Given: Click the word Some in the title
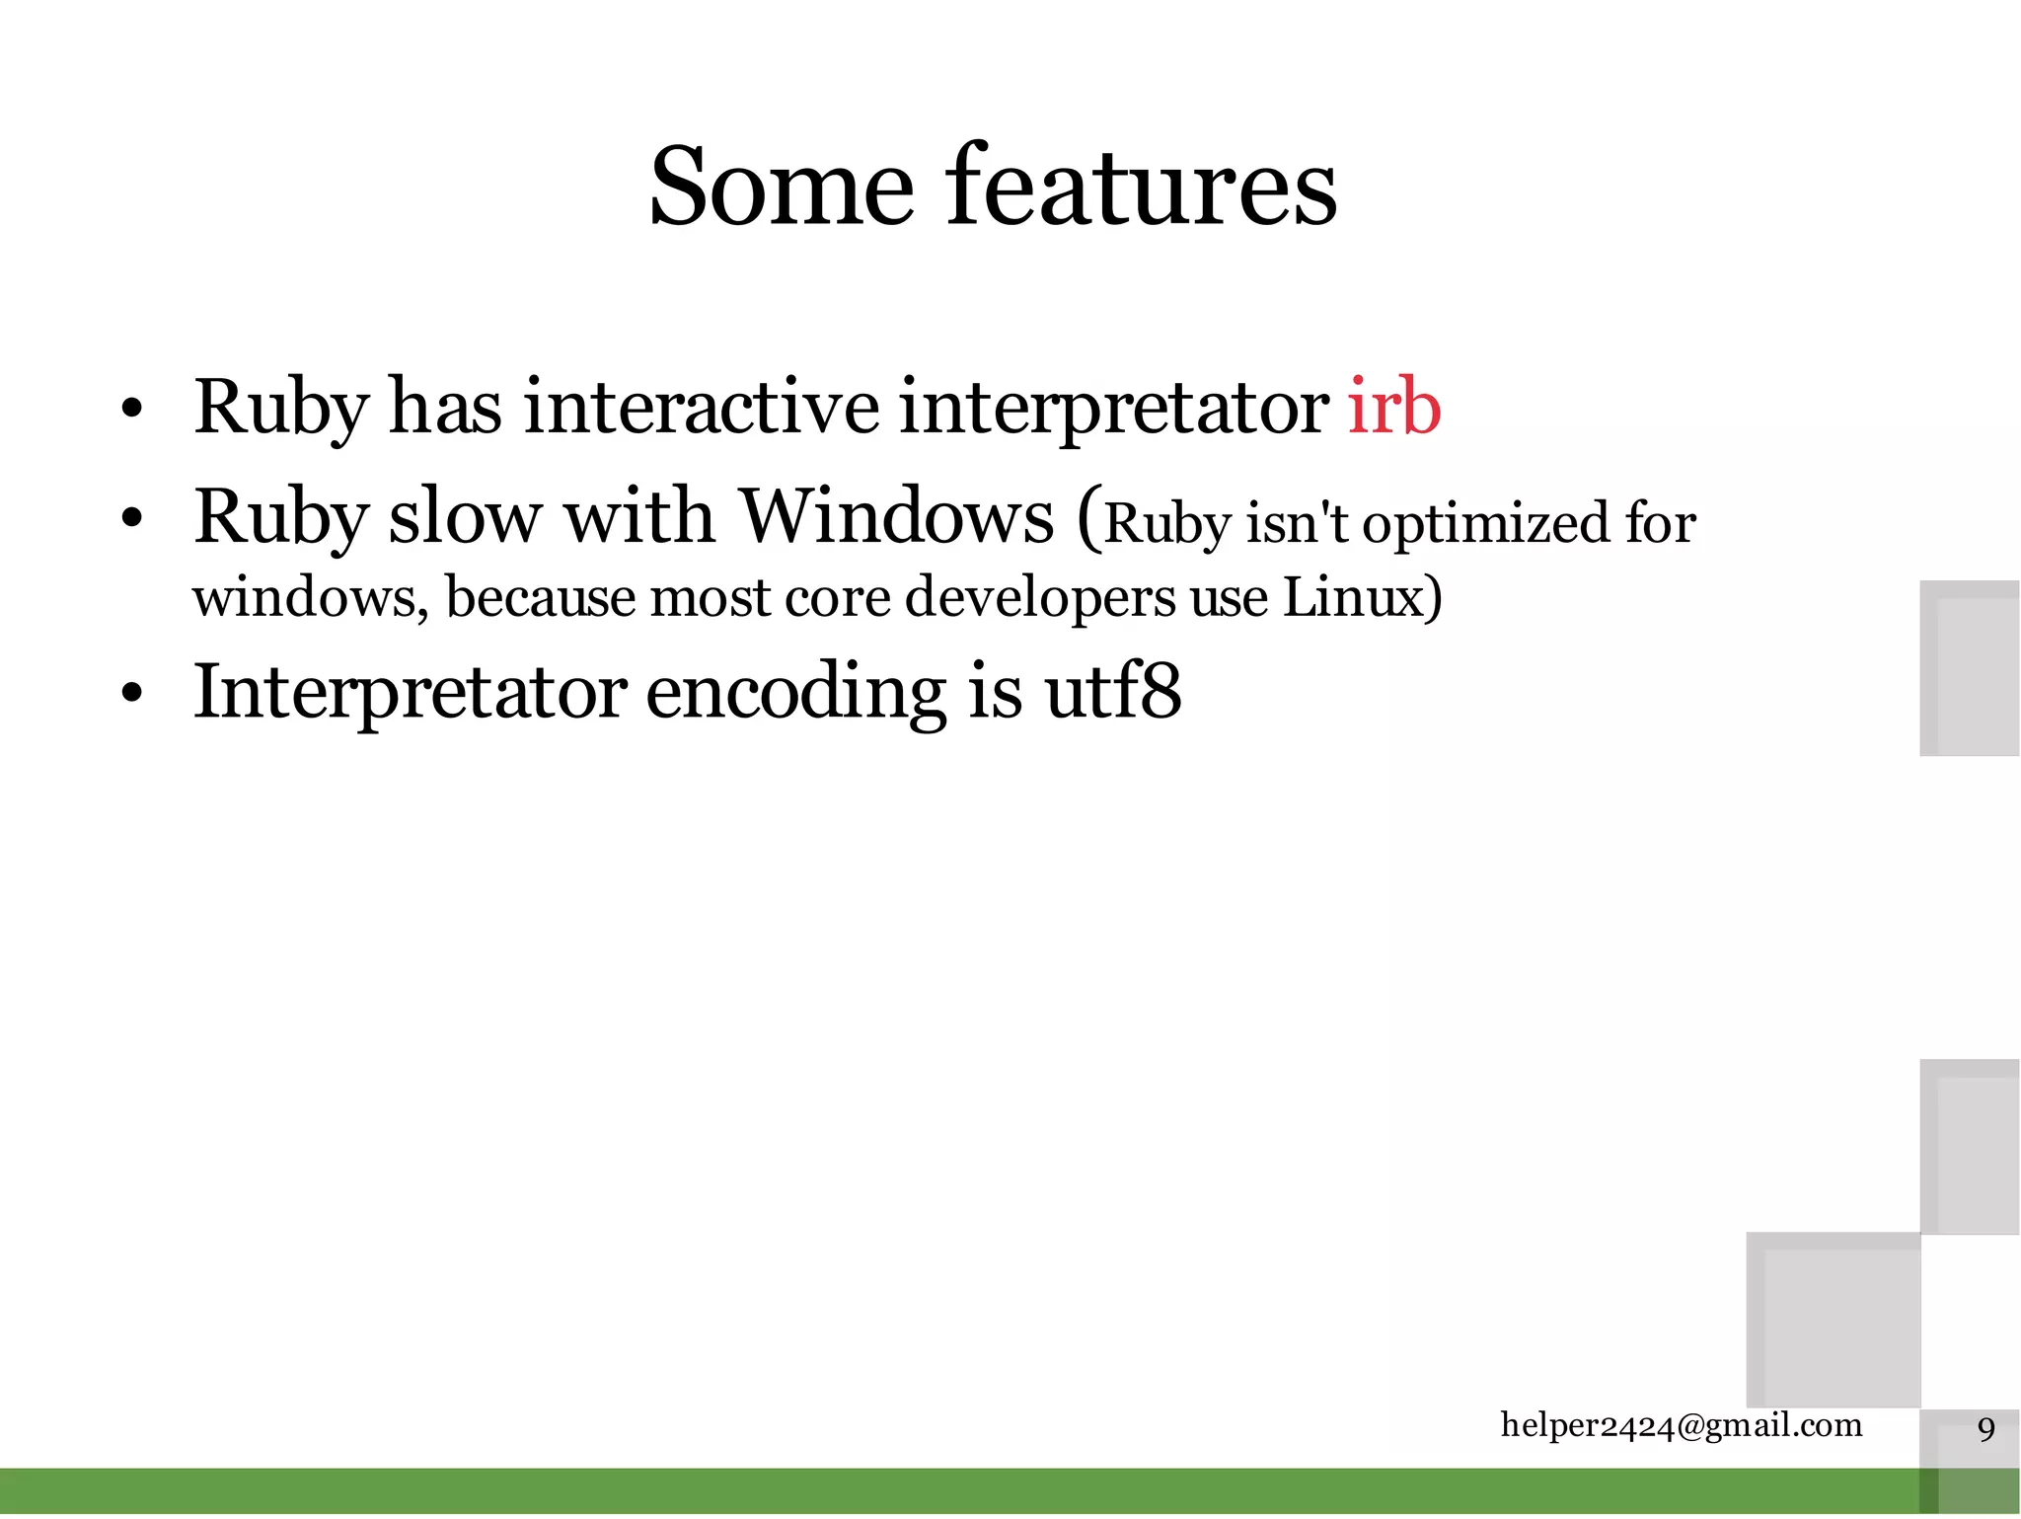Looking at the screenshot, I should pos(781,188).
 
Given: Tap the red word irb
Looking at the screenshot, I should pos(1393,407).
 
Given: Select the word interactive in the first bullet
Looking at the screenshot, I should pos(701,407).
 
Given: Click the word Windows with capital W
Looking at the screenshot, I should pos(896,516).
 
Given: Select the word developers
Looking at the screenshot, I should pos(1040,599).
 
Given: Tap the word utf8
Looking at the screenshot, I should pos(1112,691).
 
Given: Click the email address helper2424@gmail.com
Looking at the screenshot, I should pos(1681,1425).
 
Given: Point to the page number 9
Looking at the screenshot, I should pos(1985,1429).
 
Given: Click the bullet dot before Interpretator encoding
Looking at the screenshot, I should pos(132,694).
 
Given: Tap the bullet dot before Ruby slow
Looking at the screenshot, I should pos(132,518).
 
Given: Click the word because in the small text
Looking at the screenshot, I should pos(540,597).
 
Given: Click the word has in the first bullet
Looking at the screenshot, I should pos(445,407).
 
